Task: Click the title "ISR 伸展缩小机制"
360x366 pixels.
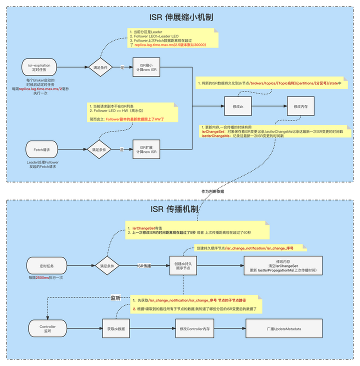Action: [x=181, y=17]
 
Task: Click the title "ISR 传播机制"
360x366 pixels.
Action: [x=181, y=208]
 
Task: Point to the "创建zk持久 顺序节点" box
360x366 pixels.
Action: [x=184, y=266]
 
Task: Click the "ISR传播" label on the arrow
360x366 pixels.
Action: [x=145, y=266]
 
